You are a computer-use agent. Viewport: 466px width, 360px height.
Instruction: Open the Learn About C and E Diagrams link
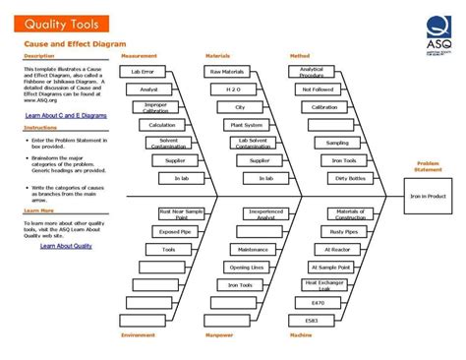pos(66,116)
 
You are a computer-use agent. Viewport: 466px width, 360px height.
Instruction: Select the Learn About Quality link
pos(66,246)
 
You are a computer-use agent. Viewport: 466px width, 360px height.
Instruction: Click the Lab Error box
pos(144,72)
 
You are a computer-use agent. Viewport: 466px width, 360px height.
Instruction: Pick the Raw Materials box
pos(227,72)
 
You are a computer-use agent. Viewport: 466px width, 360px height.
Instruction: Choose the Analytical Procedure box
pos(312,72)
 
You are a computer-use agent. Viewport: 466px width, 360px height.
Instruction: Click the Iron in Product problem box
pos(428,196)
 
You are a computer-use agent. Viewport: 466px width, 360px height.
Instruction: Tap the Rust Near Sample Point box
pos(181,213)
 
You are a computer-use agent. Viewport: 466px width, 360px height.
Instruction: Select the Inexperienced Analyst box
pos(265,213)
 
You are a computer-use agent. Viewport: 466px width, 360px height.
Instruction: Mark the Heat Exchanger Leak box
pos(324,284)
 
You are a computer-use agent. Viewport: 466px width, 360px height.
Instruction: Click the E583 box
pos(313,321)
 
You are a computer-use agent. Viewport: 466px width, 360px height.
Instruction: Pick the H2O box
pos(233,90)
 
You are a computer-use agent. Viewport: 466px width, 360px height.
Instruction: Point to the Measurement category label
pos(139,56)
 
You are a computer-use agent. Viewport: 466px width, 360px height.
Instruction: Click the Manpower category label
pos(221,335)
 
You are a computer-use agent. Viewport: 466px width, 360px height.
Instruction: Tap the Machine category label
pos(301,335)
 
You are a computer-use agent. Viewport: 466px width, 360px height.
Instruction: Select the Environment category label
pos(139,335)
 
